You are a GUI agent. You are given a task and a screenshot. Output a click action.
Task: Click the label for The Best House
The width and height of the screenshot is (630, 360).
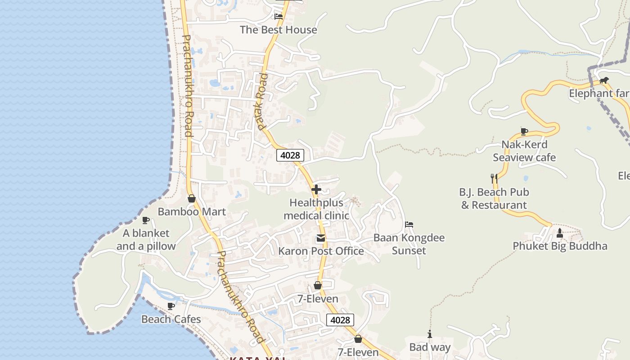pos(278,30)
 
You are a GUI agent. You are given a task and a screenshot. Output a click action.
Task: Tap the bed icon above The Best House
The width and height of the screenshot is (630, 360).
pos(279,17)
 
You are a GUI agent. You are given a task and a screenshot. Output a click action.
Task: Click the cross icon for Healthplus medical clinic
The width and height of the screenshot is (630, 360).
pos(316,189)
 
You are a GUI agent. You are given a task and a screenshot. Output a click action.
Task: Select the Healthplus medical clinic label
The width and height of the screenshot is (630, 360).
pos(316,209)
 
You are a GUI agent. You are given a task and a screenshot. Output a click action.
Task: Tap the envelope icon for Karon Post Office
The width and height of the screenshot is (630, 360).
pos(320,238)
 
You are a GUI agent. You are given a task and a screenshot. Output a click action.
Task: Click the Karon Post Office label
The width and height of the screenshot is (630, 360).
pos(321,251)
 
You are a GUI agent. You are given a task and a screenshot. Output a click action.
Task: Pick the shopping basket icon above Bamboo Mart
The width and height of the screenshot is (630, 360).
pos(192,198)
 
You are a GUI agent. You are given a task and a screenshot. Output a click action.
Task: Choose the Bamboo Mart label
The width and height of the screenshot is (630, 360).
pos(192,211)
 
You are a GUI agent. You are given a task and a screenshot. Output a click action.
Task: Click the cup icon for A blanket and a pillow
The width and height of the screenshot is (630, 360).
pos(146,220)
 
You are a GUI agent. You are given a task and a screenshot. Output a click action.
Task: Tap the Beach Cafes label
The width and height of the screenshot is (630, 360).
pos(171,319)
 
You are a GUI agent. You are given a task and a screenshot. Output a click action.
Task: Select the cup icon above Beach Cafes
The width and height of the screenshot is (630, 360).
pos(171,306)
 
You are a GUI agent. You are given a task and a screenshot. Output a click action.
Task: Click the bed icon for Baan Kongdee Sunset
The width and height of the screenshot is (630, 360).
pos(409,225)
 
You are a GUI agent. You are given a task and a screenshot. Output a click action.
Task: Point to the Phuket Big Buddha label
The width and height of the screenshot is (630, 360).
pos(560,246)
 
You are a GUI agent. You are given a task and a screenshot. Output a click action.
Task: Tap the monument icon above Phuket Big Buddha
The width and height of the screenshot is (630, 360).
pos(560,233)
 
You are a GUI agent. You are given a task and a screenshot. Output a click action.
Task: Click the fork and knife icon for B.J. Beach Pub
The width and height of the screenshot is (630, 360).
pos(494,178)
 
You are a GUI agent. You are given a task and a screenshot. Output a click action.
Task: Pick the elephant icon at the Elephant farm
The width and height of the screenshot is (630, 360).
pos(604,81)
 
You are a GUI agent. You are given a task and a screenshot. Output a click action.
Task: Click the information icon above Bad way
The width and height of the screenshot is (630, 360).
pos(430,334)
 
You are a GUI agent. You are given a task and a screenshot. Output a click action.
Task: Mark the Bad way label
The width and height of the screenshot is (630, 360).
pos(430,347)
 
